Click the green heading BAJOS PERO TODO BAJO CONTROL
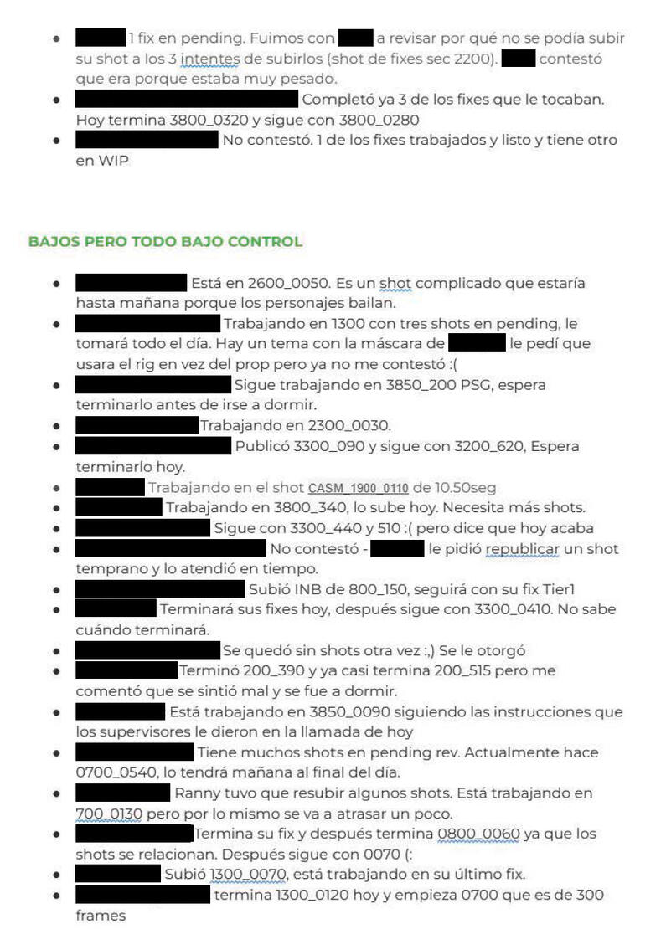165,242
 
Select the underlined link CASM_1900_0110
358,487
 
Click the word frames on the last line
101,916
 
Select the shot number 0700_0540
117,772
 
